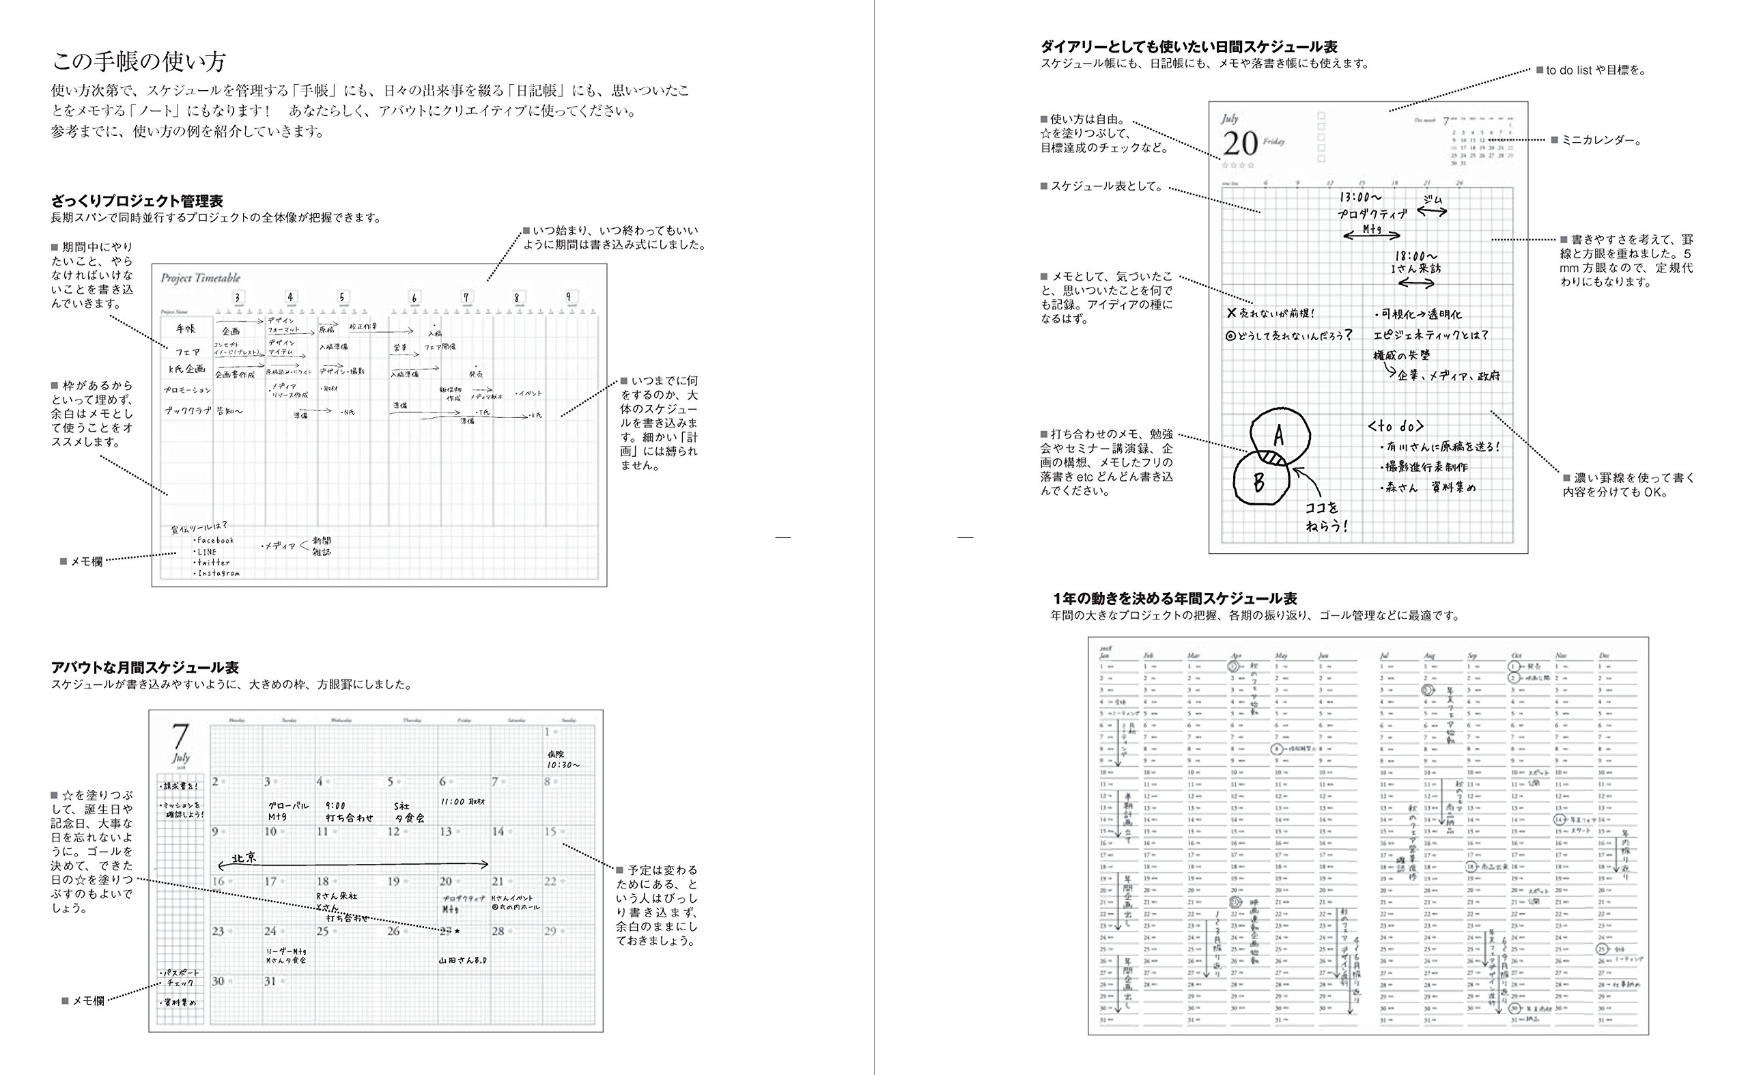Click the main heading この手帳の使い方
pyautogui.click(x=139, y=62)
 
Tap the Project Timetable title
pyautogui.click(x=201, y=278)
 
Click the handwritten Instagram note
pyautogui.click(x=218, y=573)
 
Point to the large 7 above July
pyautogui.click(x=181, y=736)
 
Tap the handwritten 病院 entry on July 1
pyautogui.click(x=556, y=753)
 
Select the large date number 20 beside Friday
pyautogui.click(x=1241, y=144)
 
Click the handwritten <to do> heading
pyautogui.click(x=1395, y=426)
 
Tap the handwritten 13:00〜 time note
pyautogui.click(x=1361, y=197)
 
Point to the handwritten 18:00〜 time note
pyautogui.click(x=1415, y=255)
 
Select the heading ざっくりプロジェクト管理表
pyautogui.click(x=137, y=201)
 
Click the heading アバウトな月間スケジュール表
pyautogui.click(x=145, y=668)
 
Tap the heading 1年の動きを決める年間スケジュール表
pyautogui.click(x=1175, y=599)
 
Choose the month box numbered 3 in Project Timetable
pyautogui.click(x=238, y=297)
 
